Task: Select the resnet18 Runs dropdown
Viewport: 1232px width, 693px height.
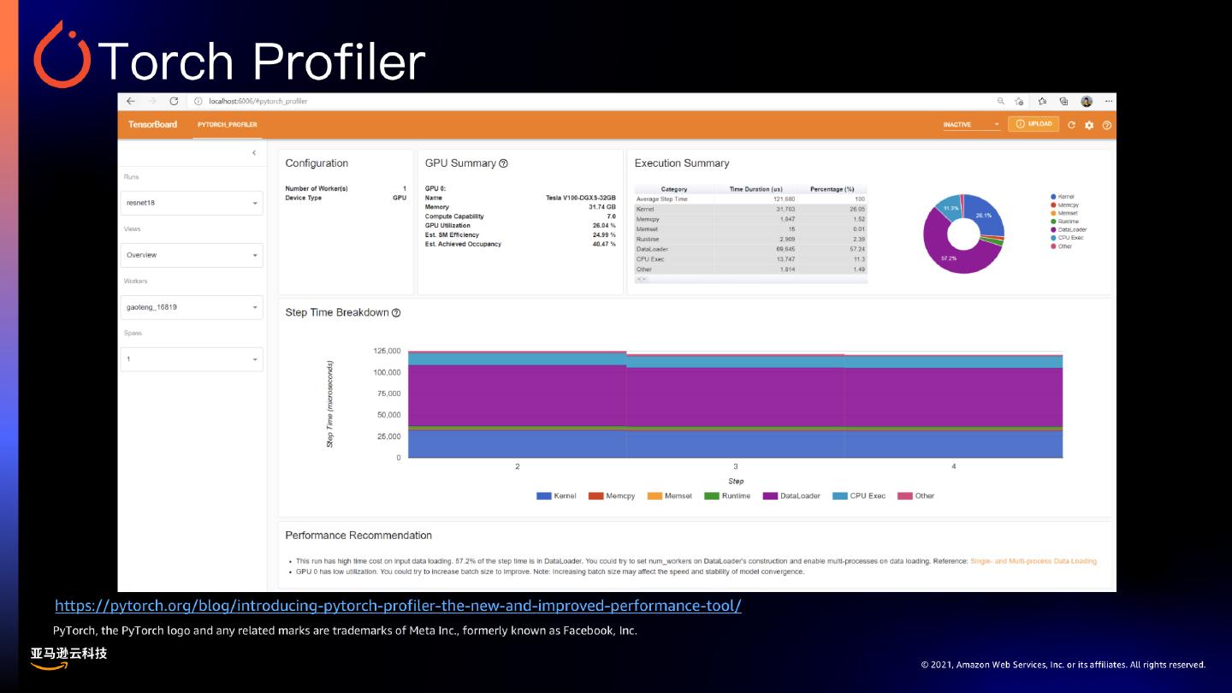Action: tap(191, 203)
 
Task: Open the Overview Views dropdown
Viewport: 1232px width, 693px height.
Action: tap(191, 255)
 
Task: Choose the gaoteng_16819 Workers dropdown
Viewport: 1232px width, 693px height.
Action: tap(191, 307)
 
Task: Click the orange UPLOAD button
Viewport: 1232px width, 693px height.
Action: tap(1034, 124)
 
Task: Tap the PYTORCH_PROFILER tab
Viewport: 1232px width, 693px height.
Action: tap(227, 125)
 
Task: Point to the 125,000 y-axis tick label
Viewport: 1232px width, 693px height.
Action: tap(387, 351)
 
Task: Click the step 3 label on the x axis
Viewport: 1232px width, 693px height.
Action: tap(736, 466)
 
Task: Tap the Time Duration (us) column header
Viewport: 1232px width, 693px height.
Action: tap(755, 189)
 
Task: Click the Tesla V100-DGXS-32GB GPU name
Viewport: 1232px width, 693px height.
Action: tap(580, 198)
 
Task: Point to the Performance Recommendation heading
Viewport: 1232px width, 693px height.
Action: tap(358, 536)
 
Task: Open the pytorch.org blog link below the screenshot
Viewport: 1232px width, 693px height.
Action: tap(398, 606)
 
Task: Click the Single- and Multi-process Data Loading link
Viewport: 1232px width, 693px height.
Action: tap(1033, 561)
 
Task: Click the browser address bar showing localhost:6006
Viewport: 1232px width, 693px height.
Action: tap(258, 101)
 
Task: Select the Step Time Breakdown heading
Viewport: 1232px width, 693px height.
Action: tap(337, 313)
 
